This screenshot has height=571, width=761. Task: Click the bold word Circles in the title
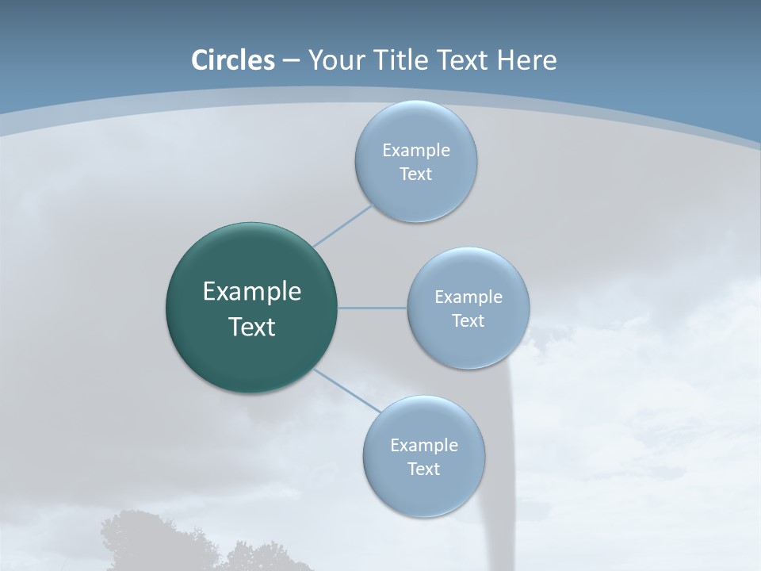point(233,60)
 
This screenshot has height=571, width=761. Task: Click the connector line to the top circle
point(342,225)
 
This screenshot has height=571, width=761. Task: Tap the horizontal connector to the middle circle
point(373,308)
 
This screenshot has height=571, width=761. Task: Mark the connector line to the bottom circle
point(347,391)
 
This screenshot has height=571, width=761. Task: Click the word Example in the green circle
point(252,292)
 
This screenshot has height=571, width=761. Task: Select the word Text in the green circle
point(252,327)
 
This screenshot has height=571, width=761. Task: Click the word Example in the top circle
point(416,150)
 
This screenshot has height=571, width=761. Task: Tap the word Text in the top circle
point(415,174)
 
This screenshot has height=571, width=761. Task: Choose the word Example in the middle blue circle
point(468,297)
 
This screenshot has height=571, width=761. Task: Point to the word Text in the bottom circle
point(423,469)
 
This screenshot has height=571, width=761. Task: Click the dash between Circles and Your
point(290,60)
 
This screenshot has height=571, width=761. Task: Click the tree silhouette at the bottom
point(143,543)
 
